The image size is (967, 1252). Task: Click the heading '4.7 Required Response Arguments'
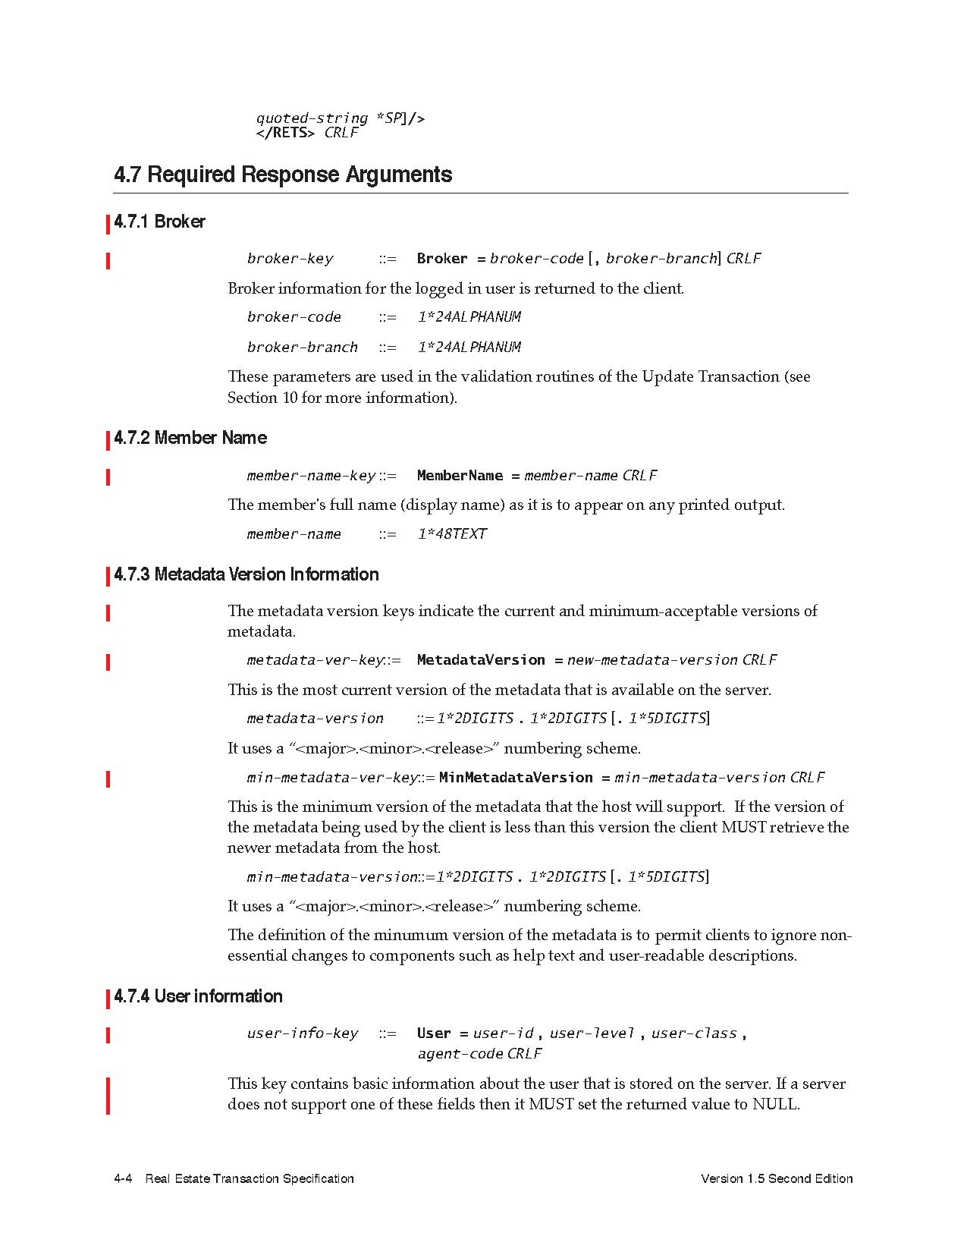(x=283, y=175)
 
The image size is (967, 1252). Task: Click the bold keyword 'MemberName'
(x=460, y=476)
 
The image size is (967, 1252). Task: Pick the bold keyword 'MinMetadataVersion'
(x=516, y=778)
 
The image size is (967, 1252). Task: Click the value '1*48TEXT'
(x=452, y=534)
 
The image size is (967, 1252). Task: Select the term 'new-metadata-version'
(x=652, y=660)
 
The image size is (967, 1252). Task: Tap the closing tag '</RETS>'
(x=286, y=133)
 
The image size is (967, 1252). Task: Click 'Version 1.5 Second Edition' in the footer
(x=777, y=1178)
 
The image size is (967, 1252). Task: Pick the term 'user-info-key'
(x=303, y=1033)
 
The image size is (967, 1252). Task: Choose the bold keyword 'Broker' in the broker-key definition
(x=442, y=259)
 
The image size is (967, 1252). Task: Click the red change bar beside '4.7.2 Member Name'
(x=108, y=439)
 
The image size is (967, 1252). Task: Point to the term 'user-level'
(x=592, y=1033)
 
